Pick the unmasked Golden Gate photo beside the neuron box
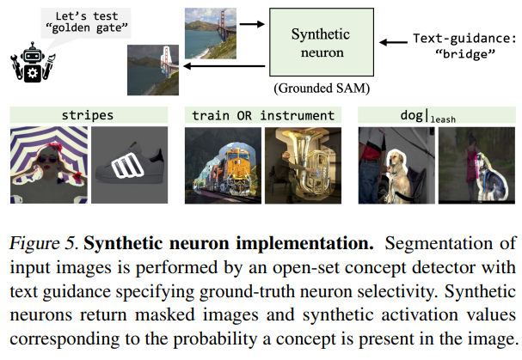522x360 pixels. (x=210, y=32)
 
